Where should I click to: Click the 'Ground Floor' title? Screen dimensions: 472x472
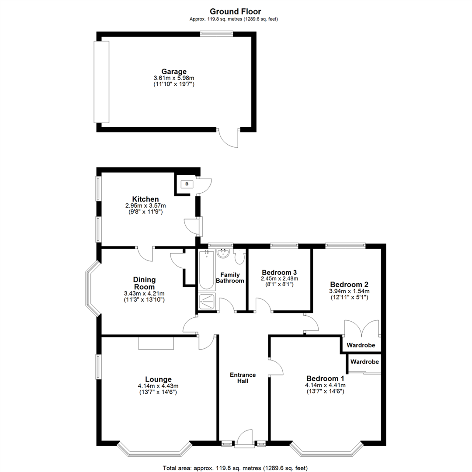[236, 11]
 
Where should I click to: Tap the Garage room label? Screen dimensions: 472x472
[174, 72]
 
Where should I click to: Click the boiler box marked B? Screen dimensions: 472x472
[187, 184]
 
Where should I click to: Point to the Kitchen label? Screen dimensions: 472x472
[146, 199]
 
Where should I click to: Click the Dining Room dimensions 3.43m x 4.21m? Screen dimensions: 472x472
[145, 294]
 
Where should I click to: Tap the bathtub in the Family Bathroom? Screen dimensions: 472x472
[206, 270]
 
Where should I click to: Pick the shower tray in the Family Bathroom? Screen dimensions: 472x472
[206, 301]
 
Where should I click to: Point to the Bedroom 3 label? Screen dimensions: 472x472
[279, 271]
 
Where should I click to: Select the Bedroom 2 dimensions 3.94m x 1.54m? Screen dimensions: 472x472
[349, 292]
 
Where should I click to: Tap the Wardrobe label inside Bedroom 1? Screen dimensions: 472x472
[364, 362]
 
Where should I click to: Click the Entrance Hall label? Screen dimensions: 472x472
[243, 378]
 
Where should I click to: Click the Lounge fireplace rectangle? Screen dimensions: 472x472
[156, 343]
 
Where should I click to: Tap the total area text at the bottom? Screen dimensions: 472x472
[236, 468]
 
